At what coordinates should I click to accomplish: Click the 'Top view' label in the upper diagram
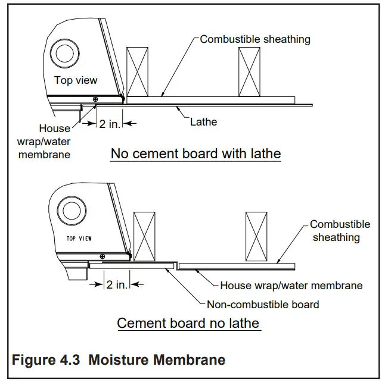click(76, 80)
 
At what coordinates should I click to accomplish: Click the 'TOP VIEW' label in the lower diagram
click(79, 238)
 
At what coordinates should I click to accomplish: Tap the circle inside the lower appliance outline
click(69, 211)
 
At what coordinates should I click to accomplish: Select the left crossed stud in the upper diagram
click(137, 71)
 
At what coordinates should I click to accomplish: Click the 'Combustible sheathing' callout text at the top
click(255, 39)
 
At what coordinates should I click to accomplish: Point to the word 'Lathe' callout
click(204, 122)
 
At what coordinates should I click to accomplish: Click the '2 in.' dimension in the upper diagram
click(110, 124)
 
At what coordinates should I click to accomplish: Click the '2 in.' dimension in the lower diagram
click(117, 284)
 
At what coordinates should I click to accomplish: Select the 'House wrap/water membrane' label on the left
click(54, 141)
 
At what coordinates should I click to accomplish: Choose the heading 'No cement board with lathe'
click(195, 154)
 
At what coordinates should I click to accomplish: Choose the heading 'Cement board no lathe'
click(188, 323)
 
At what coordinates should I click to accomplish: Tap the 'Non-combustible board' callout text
click(262, 304)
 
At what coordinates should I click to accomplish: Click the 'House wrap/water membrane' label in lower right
click(291, 286)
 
